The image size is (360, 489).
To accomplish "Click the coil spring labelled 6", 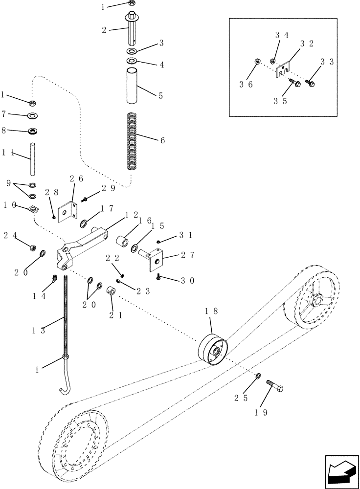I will pyautogui.click(x=132, y=141).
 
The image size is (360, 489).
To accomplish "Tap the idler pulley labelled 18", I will pyautogui.click(x=211, y=350).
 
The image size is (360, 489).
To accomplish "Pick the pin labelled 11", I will pyautogui.click(x=32, y=159).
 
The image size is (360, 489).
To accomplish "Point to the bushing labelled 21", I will pyautogui.click(x=112, y=292).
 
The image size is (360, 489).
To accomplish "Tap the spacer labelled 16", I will pyautogui.click(x=122, y=243).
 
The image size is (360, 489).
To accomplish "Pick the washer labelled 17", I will pyautogui.click(x=84, y=224).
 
